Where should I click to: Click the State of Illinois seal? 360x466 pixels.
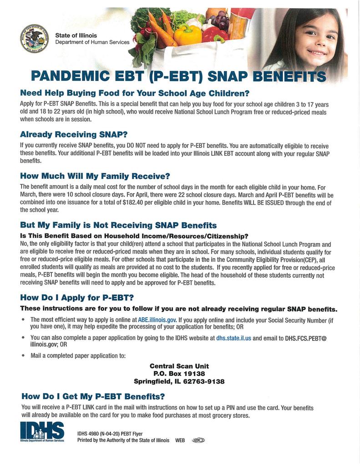tap(35, 39)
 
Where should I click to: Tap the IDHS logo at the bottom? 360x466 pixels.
tap(42, 431)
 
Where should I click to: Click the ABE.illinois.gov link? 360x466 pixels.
tap(157, 320)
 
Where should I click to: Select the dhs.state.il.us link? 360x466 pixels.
tap(233, 338)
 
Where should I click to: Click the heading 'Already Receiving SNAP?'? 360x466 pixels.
tap(74, 134)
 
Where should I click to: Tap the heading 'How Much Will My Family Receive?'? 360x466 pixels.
tap(95, 176)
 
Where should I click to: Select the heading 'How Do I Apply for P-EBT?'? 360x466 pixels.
tap(77, 298)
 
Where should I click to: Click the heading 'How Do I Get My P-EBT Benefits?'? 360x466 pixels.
tap(93, 396)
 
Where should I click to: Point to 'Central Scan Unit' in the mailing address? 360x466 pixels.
tap(179, 366)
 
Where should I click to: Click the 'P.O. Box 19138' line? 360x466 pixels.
tap(179, 374)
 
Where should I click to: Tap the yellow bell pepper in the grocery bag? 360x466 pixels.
tap(188, 35)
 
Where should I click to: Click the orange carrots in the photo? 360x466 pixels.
tap(161, 27)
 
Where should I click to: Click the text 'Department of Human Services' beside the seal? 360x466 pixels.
tap(92, 42)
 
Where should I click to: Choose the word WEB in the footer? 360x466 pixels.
tap(180, 440)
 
